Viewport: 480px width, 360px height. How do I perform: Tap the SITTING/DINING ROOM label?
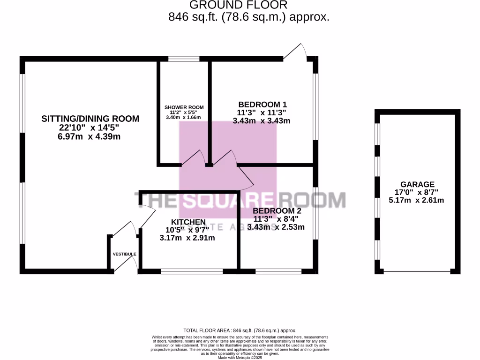click(x=90, y=119)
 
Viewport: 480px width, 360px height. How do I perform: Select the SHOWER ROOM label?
click(x=184, y=107)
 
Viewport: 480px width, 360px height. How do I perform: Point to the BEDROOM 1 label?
click(x=262, y=104)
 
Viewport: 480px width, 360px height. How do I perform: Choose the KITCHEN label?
click(x=188, y=222)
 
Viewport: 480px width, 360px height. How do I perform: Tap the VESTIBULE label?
click(x=124, y=254)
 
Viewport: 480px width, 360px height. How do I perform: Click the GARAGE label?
click(x=417, y=184)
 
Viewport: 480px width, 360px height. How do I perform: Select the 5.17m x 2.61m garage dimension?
click(x=416, y=200)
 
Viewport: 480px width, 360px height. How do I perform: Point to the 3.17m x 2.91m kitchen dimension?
click(x=187, y=238)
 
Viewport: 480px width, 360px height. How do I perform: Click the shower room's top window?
click(x=184, y=59)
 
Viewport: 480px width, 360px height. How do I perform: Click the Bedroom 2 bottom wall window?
click(x=278, y=271)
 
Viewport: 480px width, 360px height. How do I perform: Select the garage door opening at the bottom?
click(x=417, y=271)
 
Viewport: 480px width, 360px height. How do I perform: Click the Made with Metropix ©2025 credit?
click(x=240, y=357)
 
